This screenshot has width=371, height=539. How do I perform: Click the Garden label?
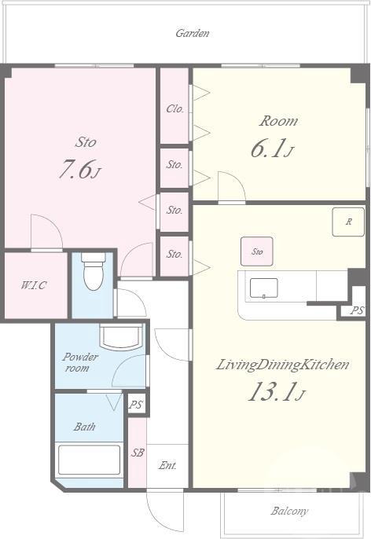coord(193,33)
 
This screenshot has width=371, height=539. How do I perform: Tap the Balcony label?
coord(289,511)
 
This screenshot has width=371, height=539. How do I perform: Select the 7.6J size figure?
coord(79,170)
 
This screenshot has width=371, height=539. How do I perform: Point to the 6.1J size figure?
coord(272,148)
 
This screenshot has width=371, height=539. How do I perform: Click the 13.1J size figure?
coord(276,392)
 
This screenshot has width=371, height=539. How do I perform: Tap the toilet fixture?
coord(94,272)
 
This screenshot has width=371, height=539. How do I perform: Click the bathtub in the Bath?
coord(89,460)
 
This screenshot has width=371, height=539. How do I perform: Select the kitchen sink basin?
coord(264,288)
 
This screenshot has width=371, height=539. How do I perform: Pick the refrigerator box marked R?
coord(348,222)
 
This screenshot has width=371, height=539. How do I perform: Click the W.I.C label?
coord(34,285)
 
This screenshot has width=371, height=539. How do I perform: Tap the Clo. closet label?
coord(175,109)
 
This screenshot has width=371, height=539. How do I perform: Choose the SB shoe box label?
coord(138,453)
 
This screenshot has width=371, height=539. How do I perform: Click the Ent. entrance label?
coord(167,466)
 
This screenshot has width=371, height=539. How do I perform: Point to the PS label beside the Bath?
coord(135,405)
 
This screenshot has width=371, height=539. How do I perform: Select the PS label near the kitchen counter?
coord(357,310)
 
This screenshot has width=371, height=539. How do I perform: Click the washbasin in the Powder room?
coord(121,336)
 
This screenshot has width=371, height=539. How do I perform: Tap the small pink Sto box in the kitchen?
coord(257,251)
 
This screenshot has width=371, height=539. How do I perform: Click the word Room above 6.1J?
coord(278,121)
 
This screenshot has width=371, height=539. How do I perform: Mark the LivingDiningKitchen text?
coord(282,365)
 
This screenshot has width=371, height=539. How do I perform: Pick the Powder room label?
coord(79,362)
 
